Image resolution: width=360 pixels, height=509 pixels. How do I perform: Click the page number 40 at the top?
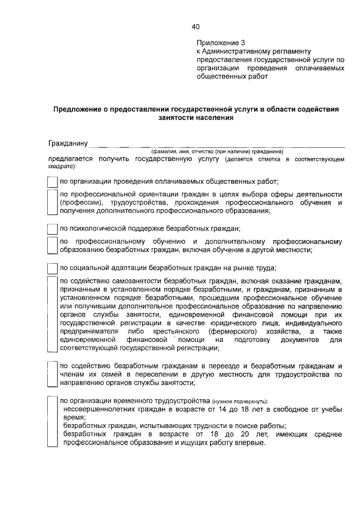(x=195, y=26)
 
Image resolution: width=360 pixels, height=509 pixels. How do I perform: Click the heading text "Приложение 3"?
(x=221, y=42)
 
